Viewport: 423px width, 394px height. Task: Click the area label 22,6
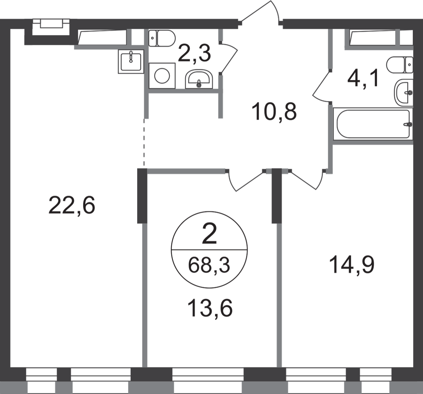(x=72, y=205)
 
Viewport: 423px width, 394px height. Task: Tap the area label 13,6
(x=209, y=309)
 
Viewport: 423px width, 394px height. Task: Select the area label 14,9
(x=352, y=265)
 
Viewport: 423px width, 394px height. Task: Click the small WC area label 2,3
(x=194, y=53)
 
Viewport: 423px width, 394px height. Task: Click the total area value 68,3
(x=209, y=265)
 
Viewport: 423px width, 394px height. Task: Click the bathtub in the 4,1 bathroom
(x=373, y=124)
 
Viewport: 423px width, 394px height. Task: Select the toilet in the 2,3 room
(x=162, y=38)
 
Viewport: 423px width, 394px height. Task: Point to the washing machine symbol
(x=162, y=76)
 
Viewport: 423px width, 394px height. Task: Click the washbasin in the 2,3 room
(x=199, y=79)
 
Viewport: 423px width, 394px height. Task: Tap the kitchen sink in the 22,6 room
(x=131, y=62)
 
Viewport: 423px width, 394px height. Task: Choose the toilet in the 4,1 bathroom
(x=400, y=65)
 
